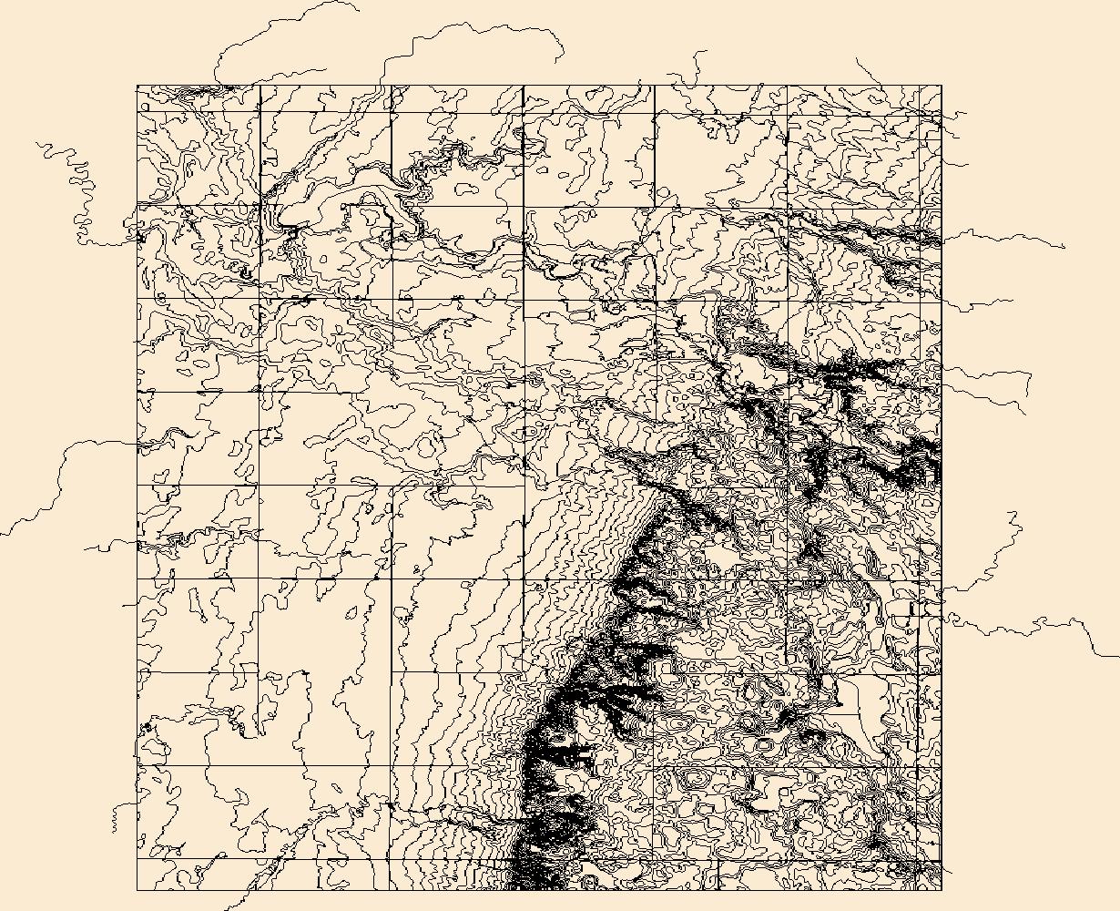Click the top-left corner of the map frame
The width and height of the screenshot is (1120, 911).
pyautogui.click(x=137, y=87)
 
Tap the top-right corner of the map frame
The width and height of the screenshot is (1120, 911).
pyautogui.click(x=941, y=87)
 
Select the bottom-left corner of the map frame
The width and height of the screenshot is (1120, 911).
pyautogui.click(x=137, y=889)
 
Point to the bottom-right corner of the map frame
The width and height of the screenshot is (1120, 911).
pyautogui.click(x=941, y=889)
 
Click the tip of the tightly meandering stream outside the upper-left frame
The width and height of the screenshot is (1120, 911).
pyautogui.click(x=36, y=143)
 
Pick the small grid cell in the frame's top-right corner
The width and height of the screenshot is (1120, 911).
pyautogui.click(x=930, y=99)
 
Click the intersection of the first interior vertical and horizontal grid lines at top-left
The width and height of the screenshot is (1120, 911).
pyautogui.click(x=260, y=113)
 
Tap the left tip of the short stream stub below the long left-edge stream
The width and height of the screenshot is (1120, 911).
pyautogui.click(x=85, y=549)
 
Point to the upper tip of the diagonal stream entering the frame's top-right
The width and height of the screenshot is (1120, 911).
pyautogui.click(x=856, y=58)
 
